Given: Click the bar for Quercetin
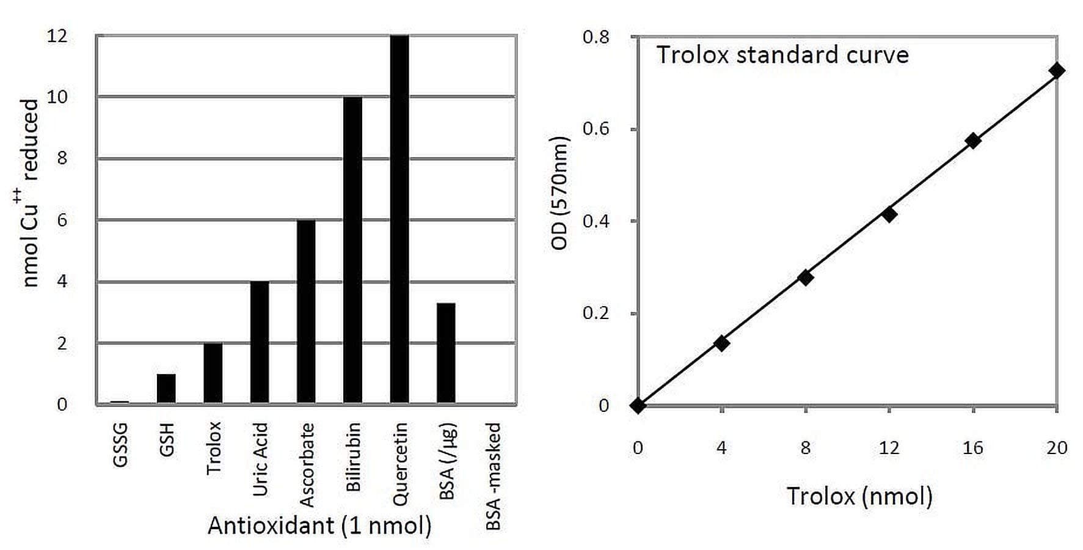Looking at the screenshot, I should [399, 220].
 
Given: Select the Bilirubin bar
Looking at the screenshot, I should [353, 251].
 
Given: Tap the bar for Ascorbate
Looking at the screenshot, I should [306, 312].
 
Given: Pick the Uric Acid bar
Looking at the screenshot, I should [260, 342].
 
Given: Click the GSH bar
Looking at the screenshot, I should [166, 389].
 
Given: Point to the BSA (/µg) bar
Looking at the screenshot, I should [446, 353].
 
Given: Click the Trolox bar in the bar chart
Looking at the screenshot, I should [213, 373].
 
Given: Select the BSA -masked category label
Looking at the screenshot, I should [493, 476].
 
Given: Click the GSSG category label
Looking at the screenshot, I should [120, 444].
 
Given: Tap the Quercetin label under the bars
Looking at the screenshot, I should [400, 464].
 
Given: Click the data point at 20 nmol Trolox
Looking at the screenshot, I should [1056, 71].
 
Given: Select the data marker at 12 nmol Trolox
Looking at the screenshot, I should [889, 214].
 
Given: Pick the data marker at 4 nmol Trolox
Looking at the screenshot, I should [721, 343].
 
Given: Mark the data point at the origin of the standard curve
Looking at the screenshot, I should [638, 406].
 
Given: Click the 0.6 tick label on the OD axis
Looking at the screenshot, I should [596, 129].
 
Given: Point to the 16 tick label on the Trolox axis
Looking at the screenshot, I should [972, 448].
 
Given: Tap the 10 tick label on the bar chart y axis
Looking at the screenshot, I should [57, 97].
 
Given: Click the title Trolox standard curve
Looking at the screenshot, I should [782, 55].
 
